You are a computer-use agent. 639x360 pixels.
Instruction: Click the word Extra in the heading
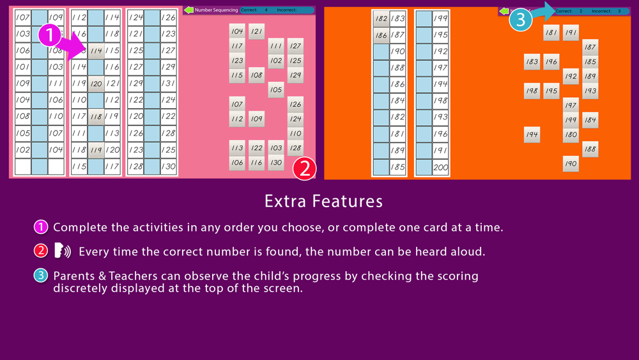285,201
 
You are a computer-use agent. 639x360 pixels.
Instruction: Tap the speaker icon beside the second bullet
63,251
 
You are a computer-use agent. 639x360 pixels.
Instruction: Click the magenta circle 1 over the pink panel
49,35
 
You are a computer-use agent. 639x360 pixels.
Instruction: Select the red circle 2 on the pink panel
304,169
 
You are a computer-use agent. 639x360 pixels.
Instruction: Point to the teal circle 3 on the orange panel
520,20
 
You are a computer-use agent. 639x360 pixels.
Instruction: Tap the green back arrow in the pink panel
189,10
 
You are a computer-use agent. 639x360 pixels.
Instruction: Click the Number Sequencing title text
216,10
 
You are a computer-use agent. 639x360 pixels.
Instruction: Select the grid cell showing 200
440,167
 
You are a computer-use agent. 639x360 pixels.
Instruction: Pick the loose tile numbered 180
571,134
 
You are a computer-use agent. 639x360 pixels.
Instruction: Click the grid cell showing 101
23,67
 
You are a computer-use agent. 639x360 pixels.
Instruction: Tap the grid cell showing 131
168,83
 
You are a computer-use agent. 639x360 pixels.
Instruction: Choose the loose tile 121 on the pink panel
256,31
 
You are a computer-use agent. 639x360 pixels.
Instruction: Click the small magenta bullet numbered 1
41,227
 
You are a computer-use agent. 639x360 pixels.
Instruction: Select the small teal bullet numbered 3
41,276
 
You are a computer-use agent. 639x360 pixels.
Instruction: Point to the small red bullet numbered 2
41,251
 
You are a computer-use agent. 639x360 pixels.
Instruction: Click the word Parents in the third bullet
74,276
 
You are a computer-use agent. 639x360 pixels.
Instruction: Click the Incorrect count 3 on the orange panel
619,11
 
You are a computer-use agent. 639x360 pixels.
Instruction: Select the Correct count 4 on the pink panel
266,10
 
